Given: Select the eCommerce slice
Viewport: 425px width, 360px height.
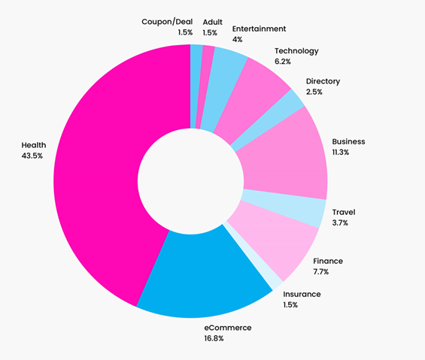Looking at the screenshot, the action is point(206,274).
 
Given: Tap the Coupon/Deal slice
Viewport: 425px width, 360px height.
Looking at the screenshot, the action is point(196,86).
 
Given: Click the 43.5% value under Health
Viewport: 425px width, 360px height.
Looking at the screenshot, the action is point(32,156).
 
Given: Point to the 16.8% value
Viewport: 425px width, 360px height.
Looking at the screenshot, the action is point(214,338).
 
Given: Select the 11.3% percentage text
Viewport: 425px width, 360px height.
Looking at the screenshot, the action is point(341,153).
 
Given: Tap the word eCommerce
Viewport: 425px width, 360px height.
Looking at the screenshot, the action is point(228,328).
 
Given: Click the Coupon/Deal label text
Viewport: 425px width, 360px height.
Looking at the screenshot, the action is point(167,22).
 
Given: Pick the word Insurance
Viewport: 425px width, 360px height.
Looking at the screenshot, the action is point(302,294).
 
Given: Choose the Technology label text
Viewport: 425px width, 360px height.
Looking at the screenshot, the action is point(296,51).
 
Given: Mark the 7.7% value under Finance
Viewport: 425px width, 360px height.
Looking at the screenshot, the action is point(321,272).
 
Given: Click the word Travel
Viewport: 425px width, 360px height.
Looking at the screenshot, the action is point(344,212).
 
